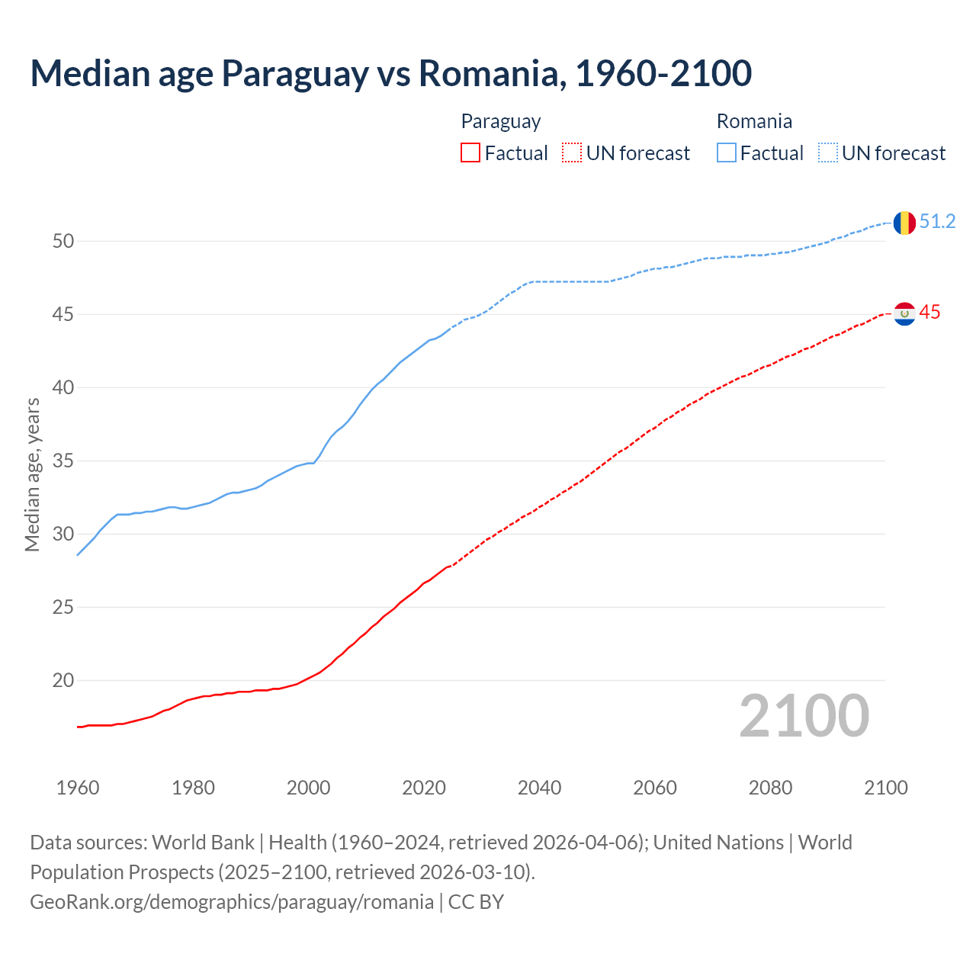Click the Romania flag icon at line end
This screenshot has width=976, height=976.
click(904, 223)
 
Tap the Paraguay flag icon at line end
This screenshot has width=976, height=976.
click(904, 313)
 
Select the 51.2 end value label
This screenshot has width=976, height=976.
click(937, 222)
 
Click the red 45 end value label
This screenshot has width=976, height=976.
click(929, 313)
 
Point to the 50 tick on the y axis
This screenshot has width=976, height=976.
click(63, 242)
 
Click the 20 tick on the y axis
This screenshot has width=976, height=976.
click(63, 680)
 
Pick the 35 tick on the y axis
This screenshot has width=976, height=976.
click(63, 461)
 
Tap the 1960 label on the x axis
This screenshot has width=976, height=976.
click(78, 788)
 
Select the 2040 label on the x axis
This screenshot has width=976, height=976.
click(539, 788)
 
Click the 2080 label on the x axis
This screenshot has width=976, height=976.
click(770, 788)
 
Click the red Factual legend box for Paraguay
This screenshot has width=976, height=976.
click(470, 153)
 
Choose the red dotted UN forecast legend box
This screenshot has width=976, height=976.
click(572, 153)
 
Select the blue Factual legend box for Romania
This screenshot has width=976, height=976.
click(727, 153)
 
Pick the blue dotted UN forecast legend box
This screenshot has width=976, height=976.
click(828, 153)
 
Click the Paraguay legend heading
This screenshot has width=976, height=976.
click(501, 121)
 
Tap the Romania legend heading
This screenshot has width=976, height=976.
click(754, 121)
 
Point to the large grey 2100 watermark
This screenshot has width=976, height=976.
click(804, 716)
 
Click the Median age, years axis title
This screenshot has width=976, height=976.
click(32, 474)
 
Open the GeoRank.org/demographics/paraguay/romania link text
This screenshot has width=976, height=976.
click(232, 902)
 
